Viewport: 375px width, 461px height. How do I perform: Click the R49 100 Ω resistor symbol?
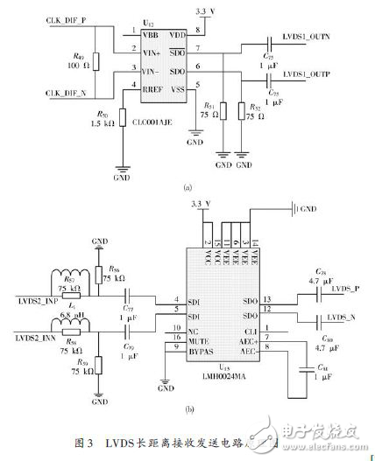[96, 62]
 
